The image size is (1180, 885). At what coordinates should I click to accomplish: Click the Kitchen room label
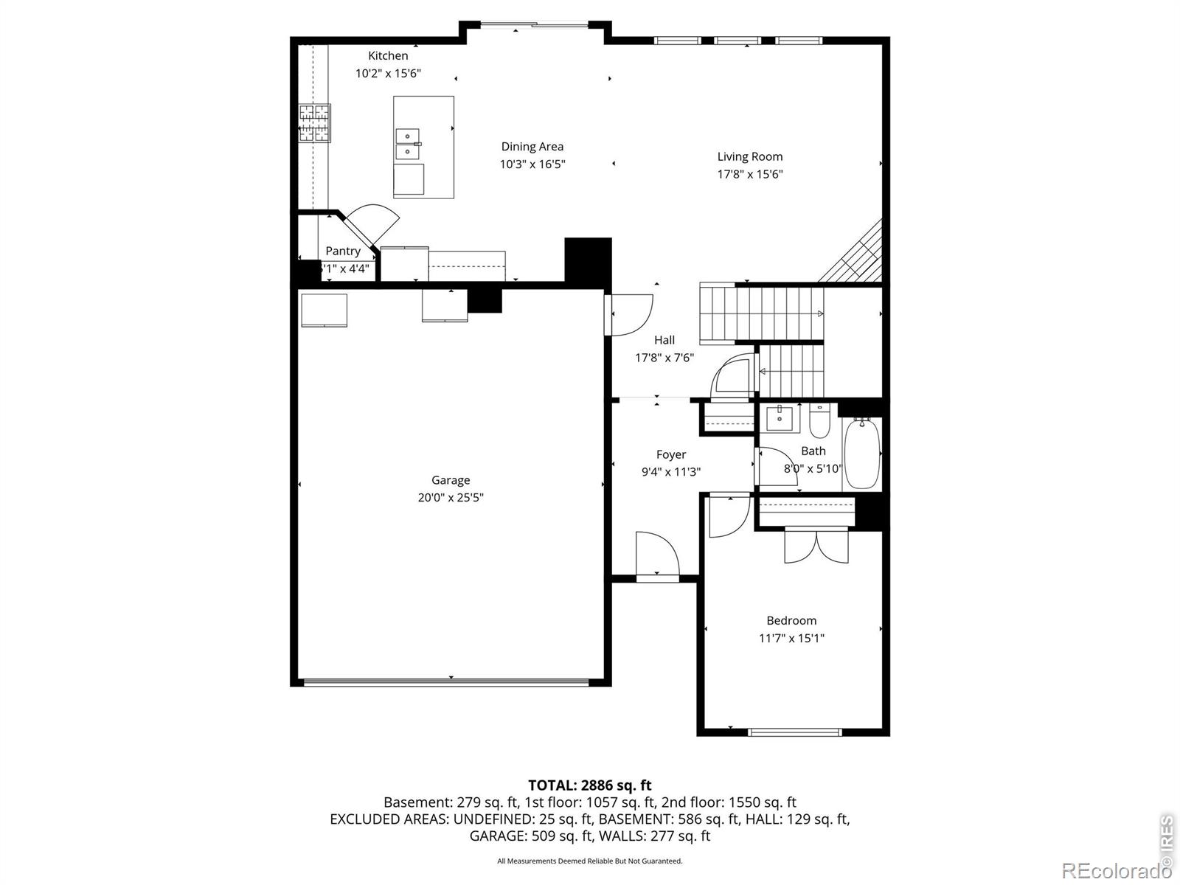[388, 55]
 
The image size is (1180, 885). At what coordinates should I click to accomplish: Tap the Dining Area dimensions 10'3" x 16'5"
[532, 164]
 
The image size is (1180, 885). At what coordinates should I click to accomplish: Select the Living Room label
[749, 156]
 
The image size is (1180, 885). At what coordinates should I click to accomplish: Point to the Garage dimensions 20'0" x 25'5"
[451, 498]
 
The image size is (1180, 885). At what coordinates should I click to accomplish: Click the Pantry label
[343, 251]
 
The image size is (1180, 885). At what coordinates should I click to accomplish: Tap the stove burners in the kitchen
[314, 123]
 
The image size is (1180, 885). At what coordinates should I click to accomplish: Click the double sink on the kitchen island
[408, 145]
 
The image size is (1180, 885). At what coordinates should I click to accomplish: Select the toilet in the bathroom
[820, 420]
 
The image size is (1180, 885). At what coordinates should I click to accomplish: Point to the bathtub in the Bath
[861, 454]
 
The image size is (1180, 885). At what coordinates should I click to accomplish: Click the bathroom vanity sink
[779, 417]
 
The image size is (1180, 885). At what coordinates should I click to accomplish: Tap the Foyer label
[671, 454]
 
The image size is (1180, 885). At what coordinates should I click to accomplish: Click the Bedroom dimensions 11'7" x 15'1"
[791, 639]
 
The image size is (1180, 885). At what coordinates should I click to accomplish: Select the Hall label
[664, 340]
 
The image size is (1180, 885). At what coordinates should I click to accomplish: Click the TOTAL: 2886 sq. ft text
[590, 785]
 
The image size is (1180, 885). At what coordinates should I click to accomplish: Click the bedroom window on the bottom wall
[795, 732]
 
